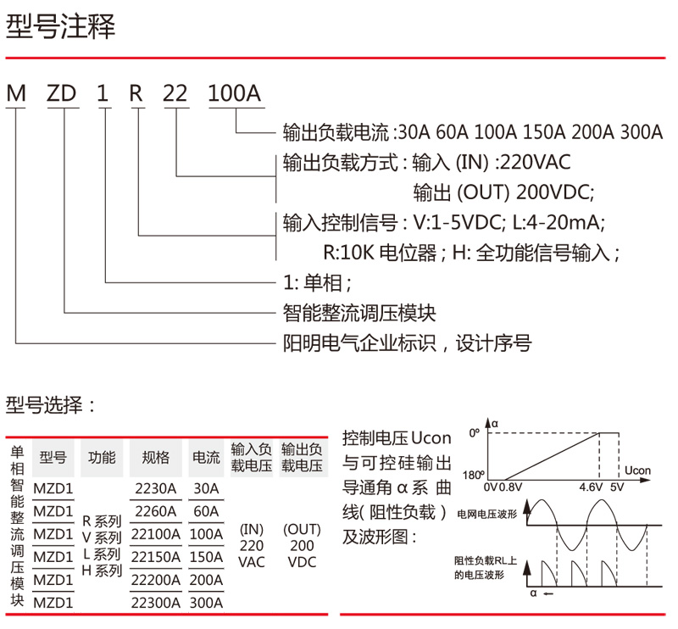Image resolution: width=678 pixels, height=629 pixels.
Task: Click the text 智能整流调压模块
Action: pyautogui.click(x=359, y=313)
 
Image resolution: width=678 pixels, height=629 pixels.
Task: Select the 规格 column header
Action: pyautogui.click(x=156, y=458)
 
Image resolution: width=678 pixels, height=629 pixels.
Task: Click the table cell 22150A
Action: pyautogui.click(x=157, y=558)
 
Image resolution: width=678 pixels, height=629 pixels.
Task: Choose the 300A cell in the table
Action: pyautogui.click(x=206, y=603)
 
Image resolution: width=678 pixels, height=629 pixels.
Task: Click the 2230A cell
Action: pyautogui.click(x=157, y=489)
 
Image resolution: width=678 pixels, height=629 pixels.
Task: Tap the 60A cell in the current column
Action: pyautogui.click(x=206, y=511)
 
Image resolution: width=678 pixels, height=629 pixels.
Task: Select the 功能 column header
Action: pyautogui.click(x=102, y=458)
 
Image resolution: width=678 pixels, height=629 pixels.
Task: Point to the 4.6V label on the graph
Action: pyautogui.click(x=590, y=487)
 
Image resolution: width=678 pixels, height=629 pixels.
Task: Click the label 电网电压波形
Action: pyautogui.click(x=486, y=514)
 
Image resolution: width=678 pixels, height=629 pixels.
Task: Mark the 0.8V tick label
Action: pyautogui.click(x=511, y=487)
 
